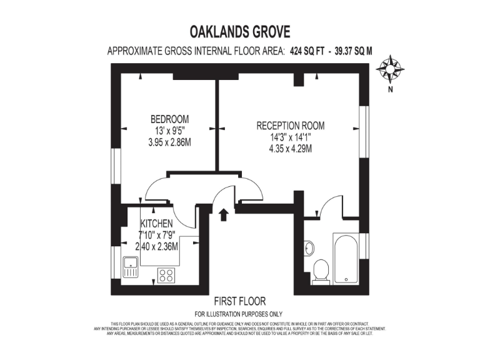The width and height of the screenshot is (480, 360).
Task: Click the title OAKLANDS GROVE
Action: click(x=240, y=31)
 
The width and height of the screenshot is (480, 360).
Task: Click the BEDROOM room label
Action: click(x=169, y=119)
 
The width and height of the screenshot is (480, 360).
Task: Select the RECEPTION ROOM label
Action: click(x=291, y=126)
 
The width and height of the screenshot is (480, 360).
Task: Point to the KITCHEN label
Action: click(x=156, y=223)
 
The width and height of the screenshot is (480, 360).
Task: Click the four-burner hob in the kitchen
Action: click(x=166, y=274)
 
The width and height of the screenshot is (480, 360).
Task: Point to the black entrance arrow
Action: click(x=223, y=214)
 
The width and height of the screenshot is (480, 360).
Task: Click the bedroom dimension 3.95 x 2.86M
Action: click(x=169, y=142)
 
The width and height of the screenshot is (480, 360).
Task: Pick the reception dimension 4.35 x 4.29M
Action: click(x=291, y=149)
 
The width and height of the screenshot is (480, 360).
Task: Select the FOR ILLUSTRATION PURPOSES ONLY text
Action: click(x=239, y=314)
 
